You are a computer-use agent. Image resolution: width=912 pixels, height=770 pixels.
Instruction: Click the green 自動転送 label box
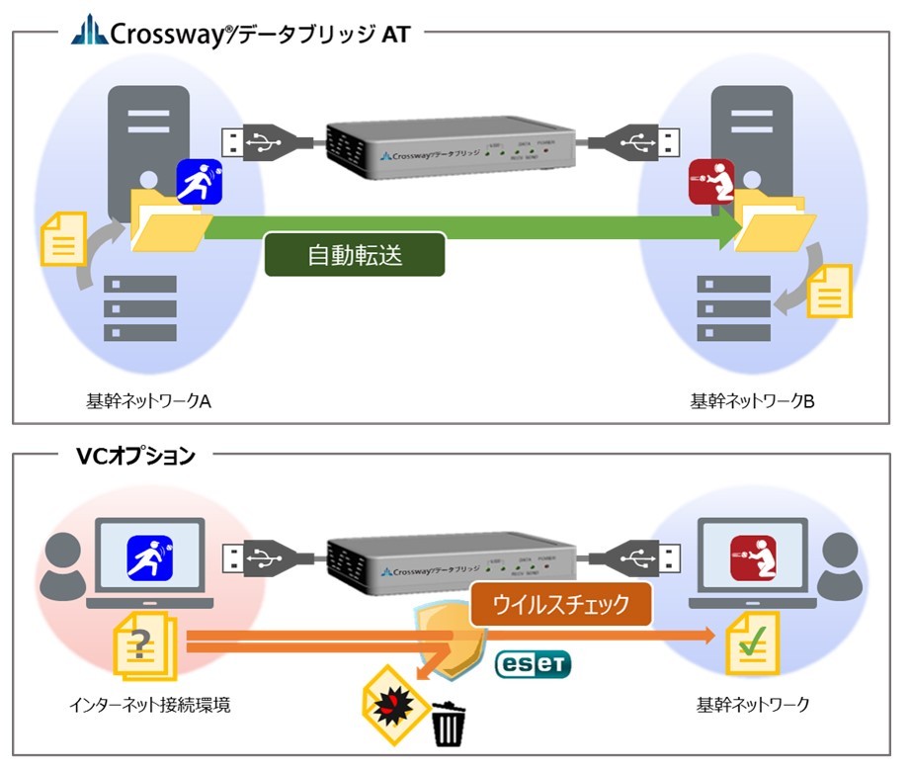pos(355,255)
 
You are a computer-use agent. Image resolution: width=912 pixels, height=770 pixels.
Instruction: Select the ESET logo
pos(533,663)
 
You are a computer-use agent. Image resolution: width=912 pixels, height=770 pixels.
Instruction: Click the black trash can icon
pos(448,725)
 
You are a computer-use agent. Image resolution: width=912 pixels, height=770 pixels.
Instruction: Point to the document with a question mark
pos(144,646)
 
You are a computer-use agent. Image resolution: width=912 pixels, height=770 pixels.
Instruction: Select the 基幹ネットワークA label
pos(149,402)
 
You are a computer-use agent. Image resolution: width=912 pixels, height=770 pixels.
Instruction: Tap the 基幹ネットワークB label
pos(752,402)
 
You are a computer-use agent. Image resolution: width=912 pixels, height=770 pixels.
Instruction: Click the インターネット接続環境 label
pos(137,705)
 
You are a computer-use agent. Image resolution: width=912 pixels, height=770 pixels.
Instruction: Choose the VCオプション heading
pos(135,456)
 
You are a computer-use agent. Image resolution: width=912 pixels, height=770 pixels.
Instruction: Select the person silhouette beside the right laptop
pos(843,563)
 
